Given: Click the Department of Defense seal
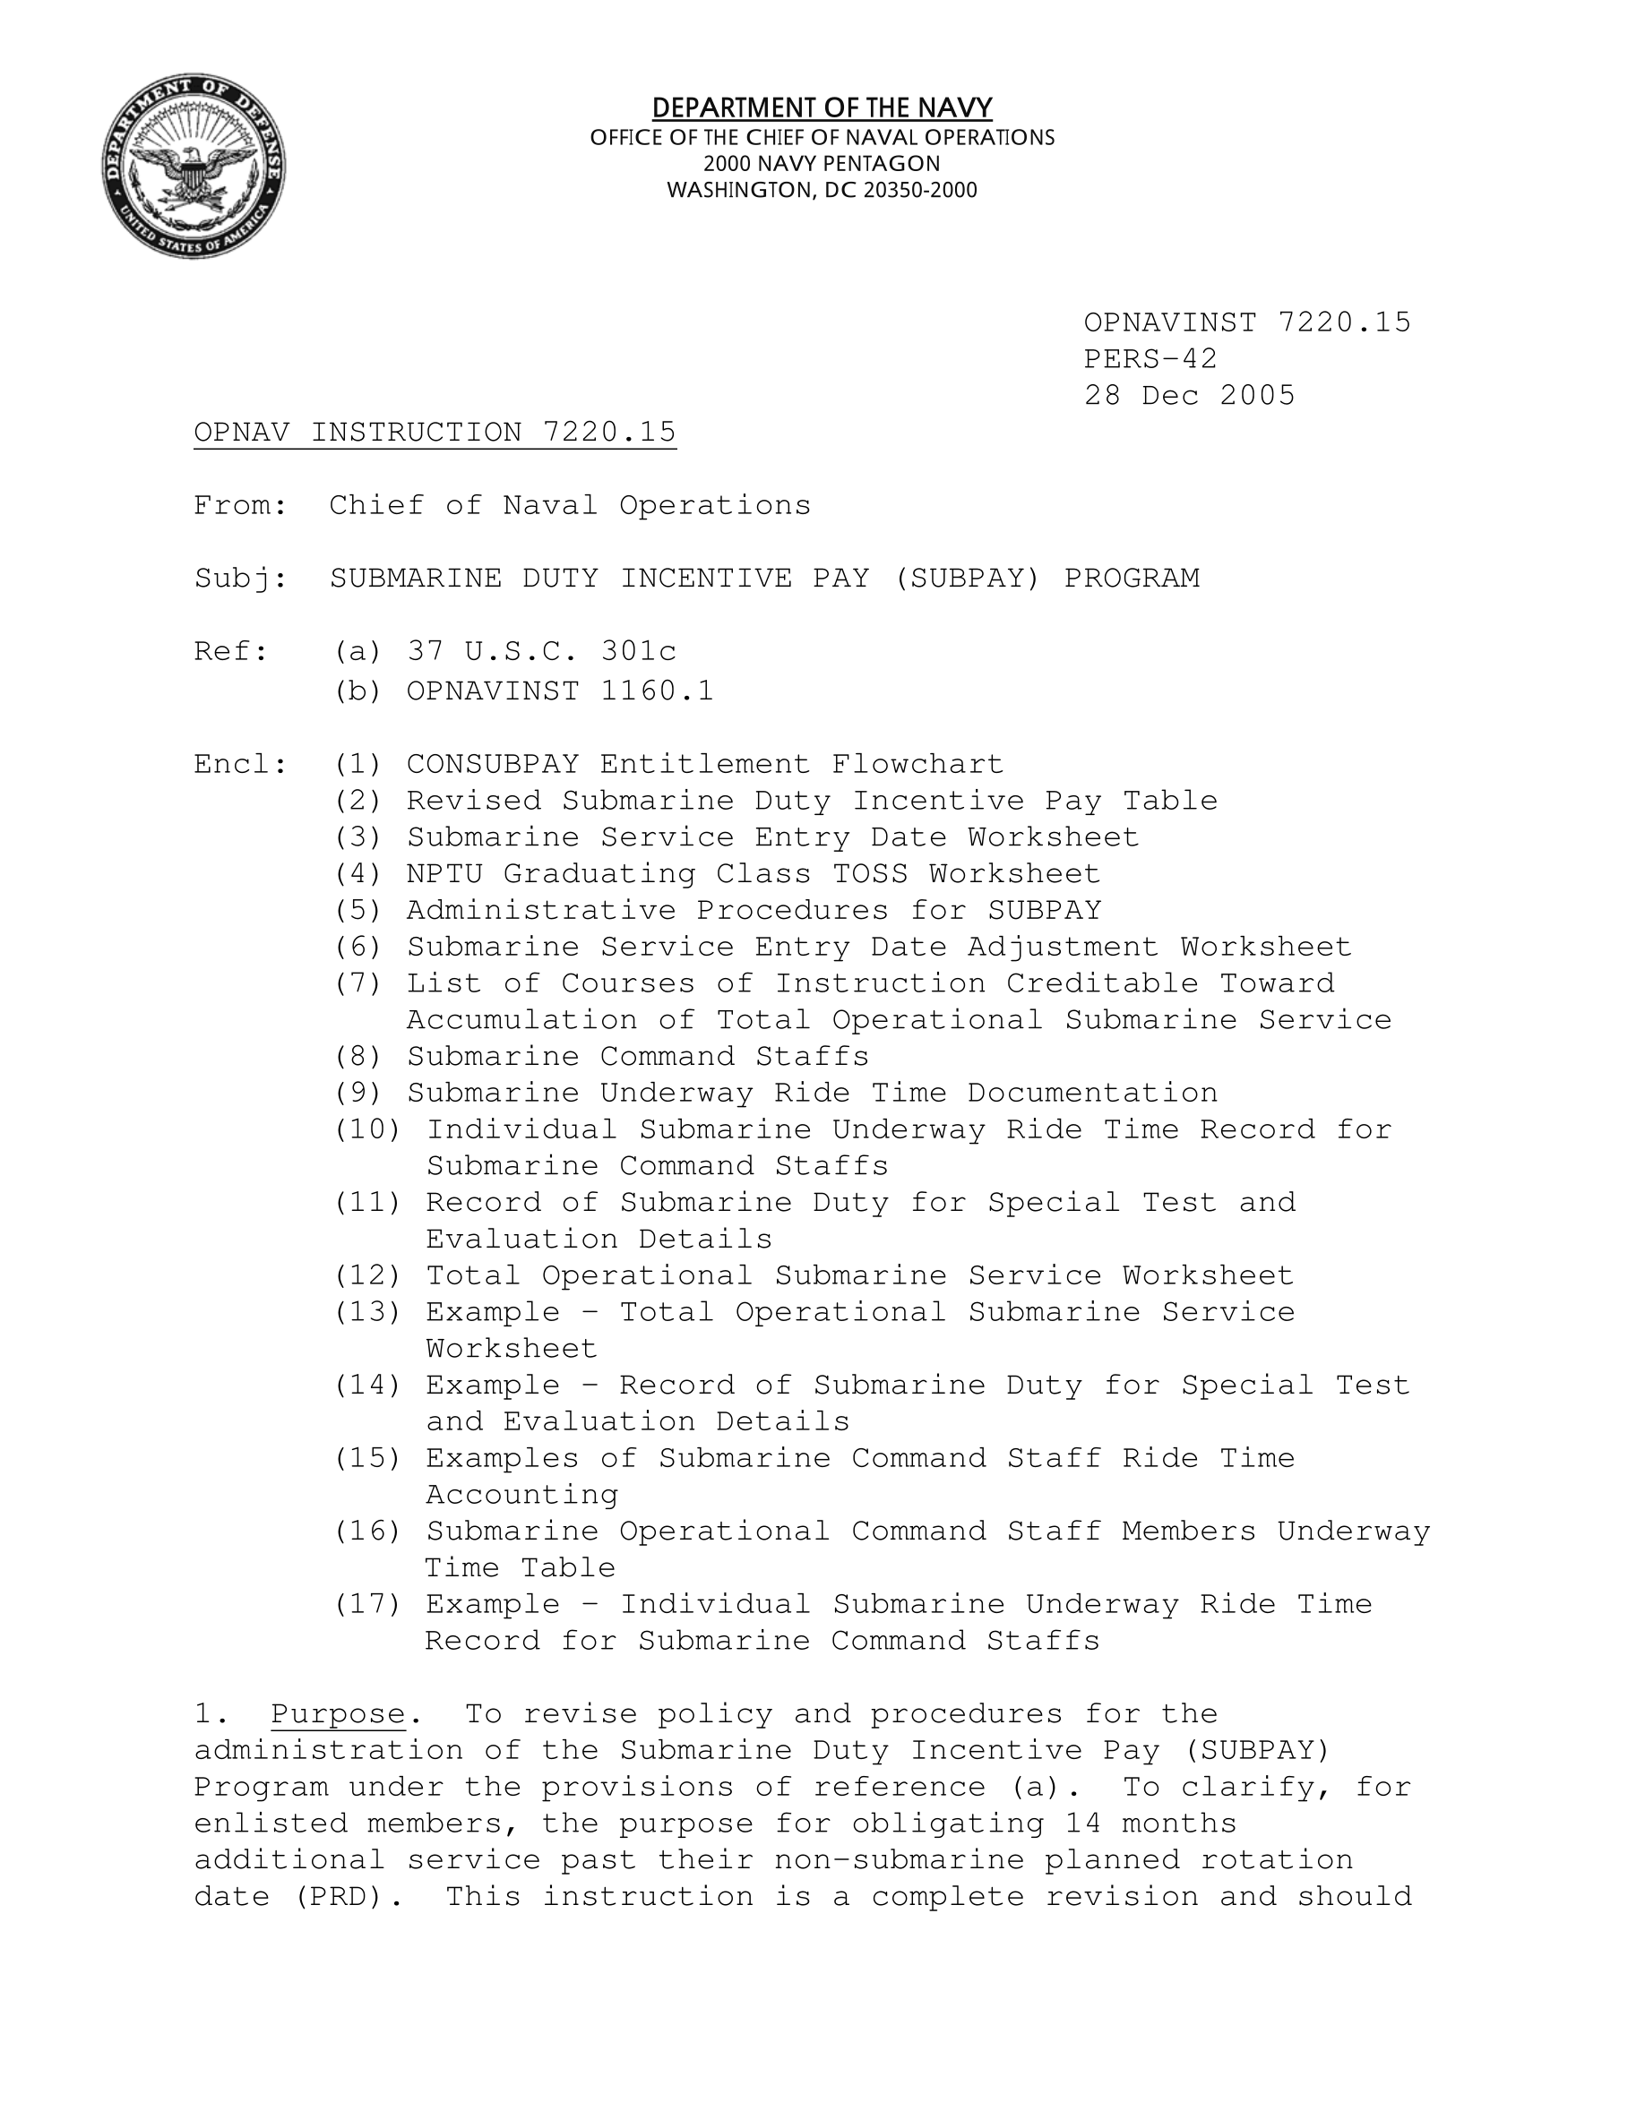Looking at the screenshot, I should click(194, 166).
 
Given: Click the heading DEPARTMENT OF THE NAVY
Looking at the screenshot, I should click(822, 107).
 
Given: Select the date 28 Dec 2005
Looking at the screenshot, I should click(1189, 396).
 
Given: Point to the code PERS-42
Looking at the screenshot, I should click(1150, 358).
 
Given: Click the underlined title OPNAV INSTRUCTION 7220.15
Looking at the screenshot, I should click(435, 432).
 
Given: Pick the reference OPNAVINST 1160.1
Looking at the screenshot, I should click(559, 691).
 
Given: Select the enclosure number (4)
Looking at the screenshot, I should click(357, 874).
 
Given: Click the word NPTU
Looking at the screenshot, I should click(444, 874).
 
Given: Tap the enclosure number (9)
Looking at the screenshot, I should click(357, 1094).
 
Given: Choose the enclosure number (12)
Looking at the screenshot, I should click(367, 1275).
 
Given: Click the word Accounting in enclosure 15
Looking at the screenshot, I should click(521, 1495).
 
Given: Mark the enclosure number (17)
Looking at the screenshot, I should click(367, 1605).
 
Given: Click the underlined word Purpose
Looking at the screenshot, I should click(337, 1714).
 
